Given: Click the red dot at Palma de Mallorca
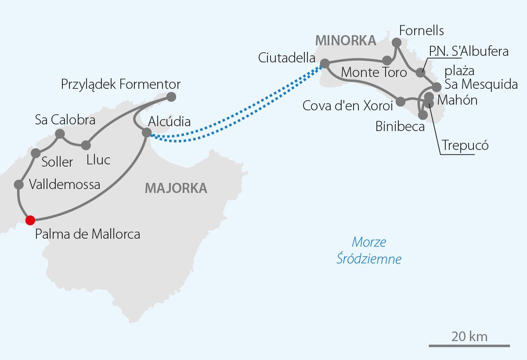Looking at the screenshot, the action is click(x=30, y=220).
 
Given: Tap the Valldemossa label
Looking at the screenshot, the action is click(x=65, y=184).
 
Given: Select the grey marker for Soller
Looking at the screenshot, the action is click(x=36, y=153).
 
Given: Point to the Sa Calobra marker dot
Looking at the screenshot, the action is click(x=60, y=134).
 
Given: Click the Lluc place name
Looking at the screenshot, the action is click(x=98, y=160).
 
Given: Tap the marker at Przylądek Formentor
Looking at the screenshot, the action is click(x=171, y=97).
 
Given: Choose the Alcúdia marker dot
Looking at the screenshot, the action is click(x=147, y=132).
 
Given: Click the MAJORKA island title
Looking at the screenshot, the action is click(x=176, y=188).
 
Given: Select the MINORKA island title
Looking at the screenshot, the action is click(x=346, y=40).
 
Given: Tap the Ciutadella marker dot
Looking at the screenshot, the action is click(x=325, y=63).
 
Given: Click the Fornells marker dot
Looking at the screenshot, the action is click(x=397, y=42).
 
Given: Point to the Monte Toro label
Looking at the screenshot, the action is click(x=374, y=72).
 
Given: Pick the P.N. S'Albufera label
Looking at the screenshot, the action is click(x=469, y=51).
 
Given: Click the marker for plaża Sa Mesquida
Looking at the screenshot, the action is click(x=437, y=87).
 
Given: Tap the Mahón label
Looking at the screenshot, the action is click(x=457, y=100).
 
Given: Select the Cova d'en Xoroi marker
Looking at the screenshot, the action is click(x=401, y=102).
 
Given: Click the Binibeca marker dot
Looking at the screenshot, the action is click(x=423, y=115).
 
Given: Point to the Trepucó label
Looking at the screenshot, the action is click(x=466, y=145).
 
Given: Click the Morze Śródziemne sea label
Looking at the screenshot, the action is click(x=369, y=251).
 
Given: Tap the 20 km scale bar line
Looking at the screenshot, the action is click(x=469, y=346).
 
